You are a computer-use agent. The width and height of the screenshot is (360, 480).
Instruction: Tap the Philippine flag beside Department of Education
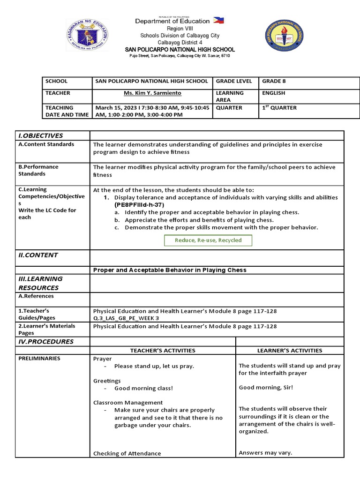pos(218,21)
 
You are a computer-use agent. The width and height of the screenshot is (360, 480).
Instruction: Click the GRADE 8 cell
pos(274,81)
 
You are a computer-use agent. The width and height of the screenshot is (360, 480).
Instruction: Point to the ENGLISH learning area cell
pos(274,93)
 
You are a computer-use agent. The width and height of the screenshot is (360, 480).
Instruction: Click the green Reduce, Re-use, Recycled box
pos(208,240)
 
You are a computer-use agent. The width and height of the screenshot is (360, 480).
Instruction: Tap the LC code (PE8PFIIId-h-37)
pos(139,205)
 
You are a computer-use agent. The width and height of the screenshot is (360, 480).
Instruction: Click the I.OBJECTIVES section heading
pos(40,135)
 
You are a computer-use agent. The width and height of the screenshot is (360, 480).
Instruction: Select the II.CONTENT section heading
pos(38,255)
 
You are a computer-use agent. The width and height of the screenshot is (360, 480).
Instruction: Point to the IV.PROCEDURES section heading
pos(46,342)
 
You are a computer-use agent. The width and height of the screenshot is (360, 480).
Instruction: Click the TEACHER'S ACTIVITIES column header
pos(162,350)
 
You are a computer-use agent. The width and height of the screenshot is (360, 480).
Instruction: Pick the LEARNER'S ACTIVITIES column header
pos(290,350)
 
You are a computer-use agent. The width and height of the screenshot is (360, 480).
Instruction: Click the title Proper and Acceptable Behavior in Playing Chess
pos(170,270)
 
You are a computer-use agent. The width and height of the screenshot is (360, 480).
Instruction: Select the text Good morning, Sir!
pos(266,388)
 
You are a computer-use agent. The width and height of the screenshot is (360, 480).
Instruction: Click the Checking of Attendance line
pos(127,453)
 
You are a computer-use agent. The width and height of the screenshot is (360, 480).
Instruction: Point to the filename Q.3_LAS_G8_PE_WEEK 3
pos(126,318)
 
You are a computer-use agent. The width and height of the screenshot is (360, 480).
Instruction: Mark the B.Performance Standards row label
pos(38,170)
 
